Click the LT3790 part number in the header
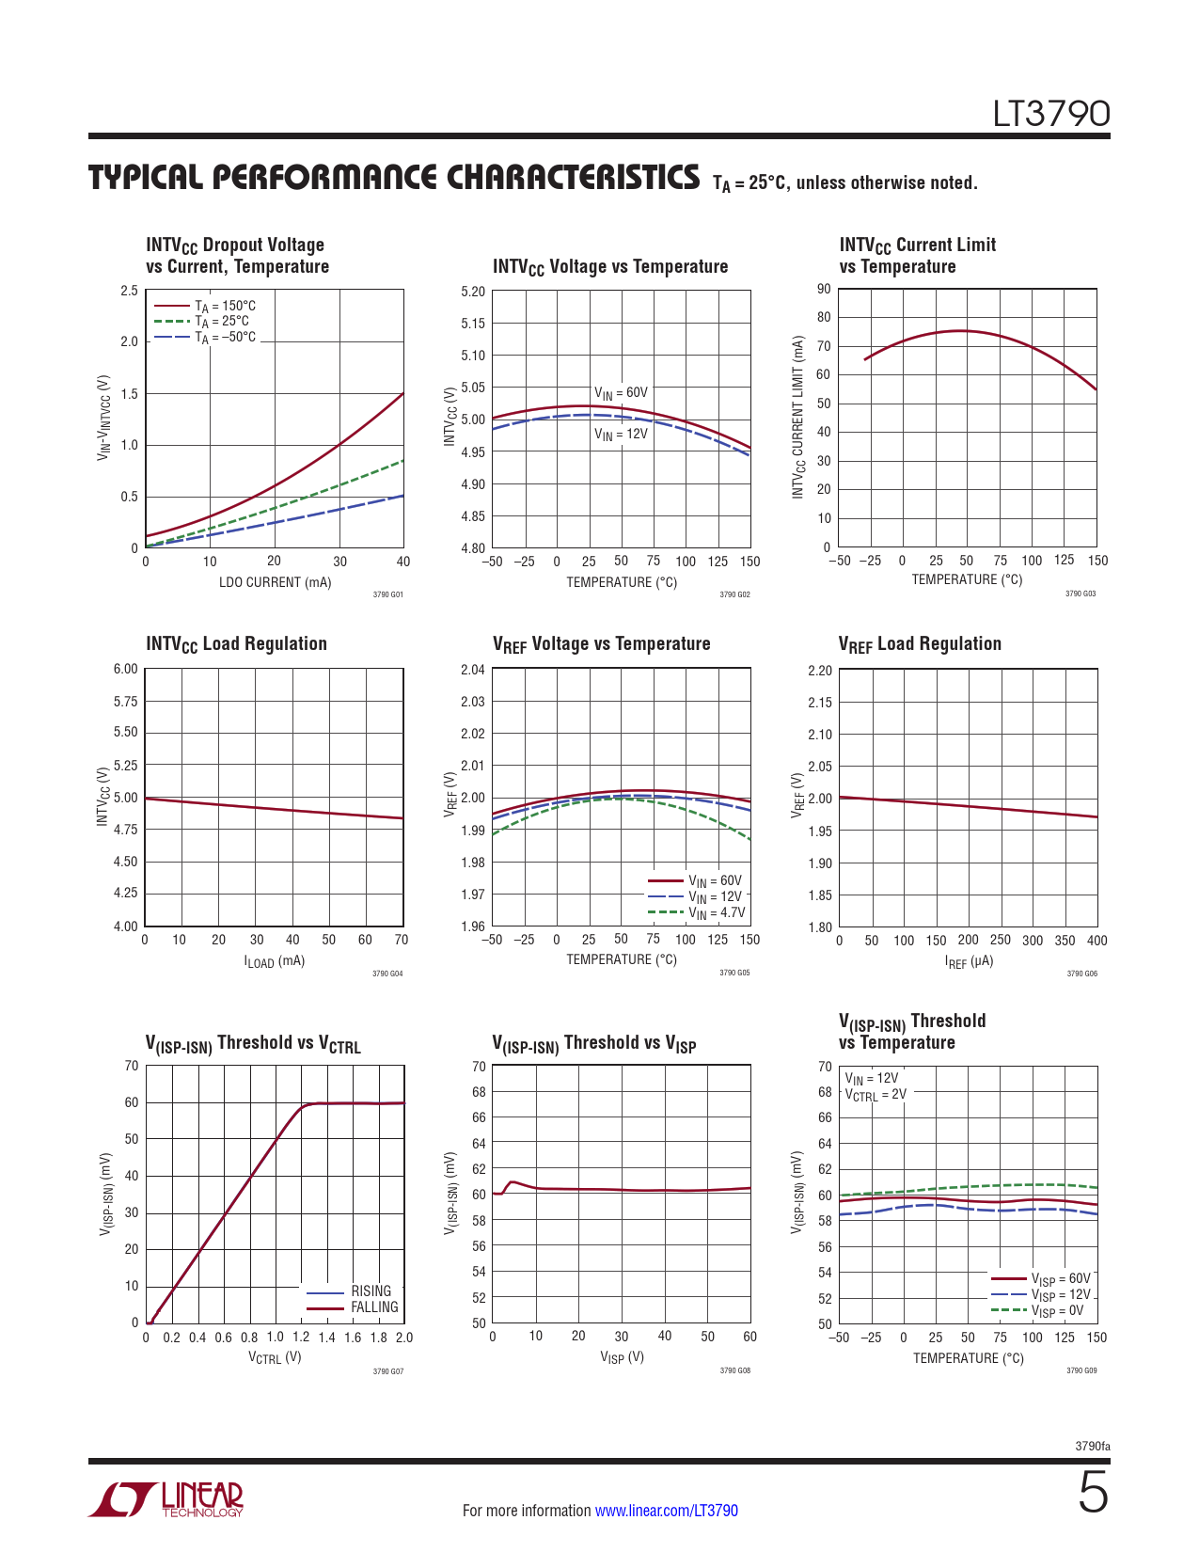[x=1050, y=114]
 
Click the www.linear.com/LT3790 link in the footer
[x=667, y=1510]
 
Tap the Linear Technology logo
[x=166, y=1499]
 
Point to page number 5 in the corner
[x=1093, y=1492]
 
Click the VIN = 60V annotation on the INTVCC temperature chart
[x=621, y=393]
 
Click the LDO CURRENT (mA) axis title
[x=275, y=582]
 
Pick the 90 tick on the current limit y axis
[x=824, y=289]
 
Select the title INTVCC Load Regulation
[x=236, y=644]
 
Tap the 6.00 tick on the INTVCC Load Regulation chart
[x=126, y=669]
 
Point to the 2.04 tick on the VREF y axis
[x=473, y=669]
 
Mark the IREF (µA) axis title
[x=969, y=961]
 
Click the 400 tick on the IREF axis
[x=1096, y=941]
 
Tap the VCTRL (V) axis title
[x=275, y=1357]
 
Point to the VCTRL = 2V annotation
[x=876, y=1095]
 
